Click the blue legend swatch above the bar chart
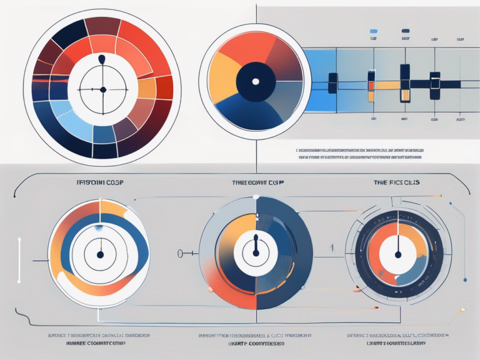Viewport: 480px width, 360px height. pyautogui.click(x=374, y=30)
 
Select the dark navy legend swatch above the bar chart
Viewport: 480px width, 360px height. pyautogui.click(x=406, y=30)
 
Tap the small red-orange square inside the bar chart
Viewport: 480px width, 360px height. pyautogui.click(x=371, y=86)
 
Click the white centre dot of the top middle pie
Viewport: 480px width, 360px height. pyautogui.click(x=254, y=81)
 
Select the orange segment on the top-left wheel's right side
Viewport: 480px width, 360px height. pyautogui.click(x=146, y=88)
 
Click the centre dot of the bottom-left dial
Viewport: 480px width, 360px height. pyautogui.click(x=99, y=254)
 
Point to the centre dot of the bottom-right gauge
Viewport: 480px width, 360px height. pyautogui.click(x=397, y=254)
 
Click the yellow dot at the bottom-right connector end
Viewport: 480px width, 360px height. pyautogui.click(x=462, y=309)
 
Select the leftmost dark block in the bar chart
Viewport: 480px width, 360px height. pyautogui.click(x=332, y=83)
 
